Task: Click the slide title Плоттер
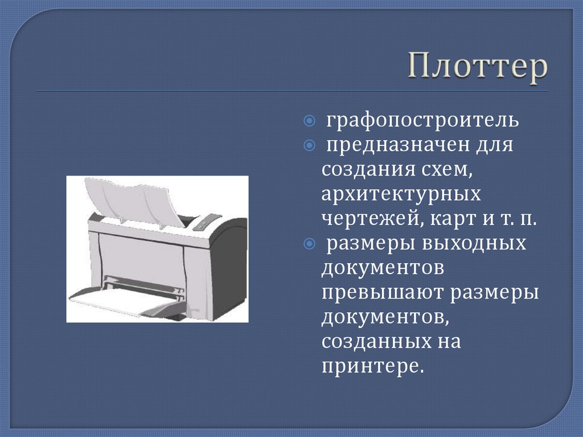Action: click(x=477, y=68)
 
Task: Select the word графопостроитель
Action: click(x=422, y=121)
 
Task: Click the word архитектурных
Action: click(x=401, y=194)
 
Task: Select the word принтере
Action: click(x=373, y=366)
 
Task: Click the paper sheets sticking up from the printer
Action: click(x=131, y=199)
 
